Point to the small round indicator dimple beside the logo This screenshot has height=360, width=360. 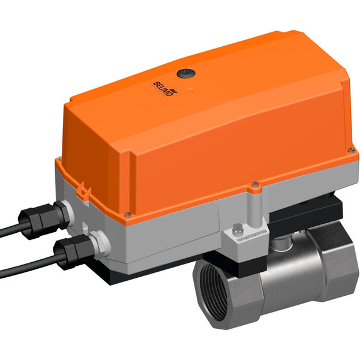pos(191,91)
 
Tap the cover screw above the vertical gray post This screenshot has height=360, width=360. pos(255,184)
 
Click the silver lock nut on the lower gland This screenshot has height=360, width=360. pos(95,243)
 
